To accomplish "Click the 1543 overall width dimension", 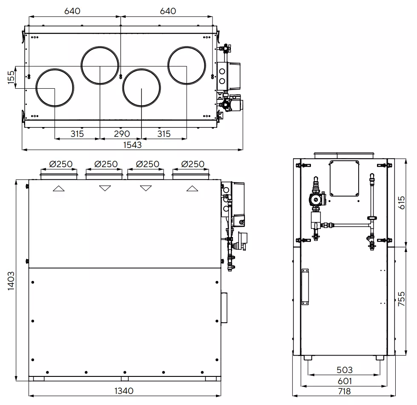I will pos(132,145).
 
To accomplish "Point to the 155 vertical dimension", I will pos(11,77).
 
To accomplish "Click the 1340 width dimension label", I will pos(124,390).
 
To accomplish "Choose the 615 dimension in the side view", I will pos(401,202).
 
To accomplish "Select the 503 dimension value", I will pos(344,370).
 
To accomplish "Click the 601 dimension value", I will pos(344,381).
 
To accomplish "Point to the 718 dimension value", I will pos(344,391).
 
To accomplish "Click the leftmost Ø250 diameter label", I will pos(60,164).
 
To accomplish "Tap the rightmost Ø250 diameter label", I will pos(192,164).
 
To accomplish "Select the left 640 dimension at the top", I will pos(72,11).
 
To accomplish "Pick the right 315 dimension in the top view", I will pos(164,134).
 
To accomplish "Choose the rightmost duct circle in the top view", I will pos(187,66).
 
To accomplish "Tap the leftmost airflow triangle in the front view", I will pos(59,188).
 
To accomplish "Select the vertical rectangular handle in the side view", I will pos(305,287).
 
